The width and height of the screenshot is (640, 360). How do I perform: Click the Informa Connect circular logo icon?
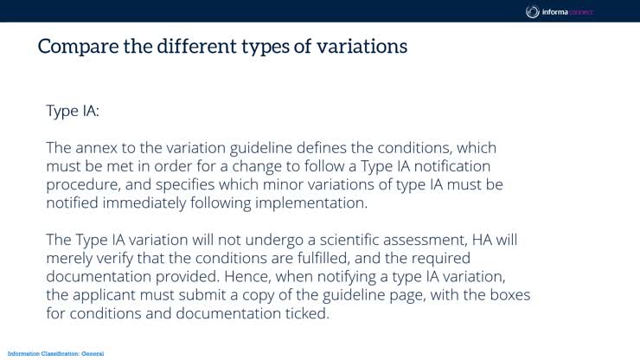pos(533,11)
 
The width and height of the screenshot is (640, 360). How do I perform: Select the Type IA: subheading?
pos(74,111)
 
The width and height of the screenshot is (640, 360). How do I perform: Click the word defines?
pos(327,148)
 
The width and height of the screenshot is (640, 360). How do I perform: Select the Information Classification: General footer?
pos(54,354)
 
